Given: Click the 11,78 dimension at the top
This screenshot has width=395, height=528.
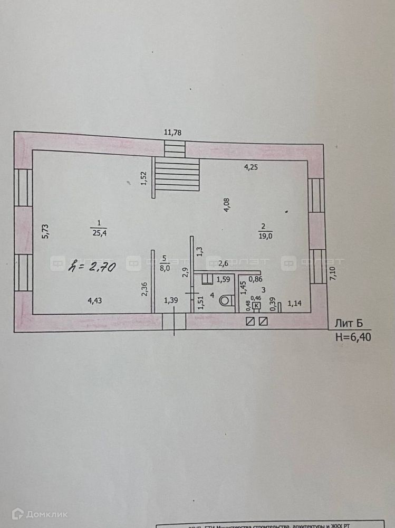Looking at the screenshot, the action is (x=173, y=133).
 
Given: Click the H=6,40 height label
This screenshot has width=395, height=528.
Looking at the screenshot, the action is (x=353, y=338).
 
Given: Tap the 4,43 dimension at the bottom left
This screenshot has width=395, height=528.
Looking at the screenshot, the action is (x=95, y=301).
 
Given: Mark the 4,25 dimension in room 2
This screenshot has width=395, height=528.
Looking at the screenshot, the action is (x=252, y=168).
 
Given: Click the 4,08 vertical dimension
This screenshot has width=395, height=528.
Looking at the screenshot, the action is (x=226, y=205).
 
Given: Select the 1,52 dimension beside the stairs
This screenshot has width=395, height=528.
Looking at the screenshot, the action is (x=143, y=179).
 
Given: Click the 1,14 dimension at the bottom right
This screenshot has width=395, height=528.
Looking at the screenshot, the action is (x=296, y=304).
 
